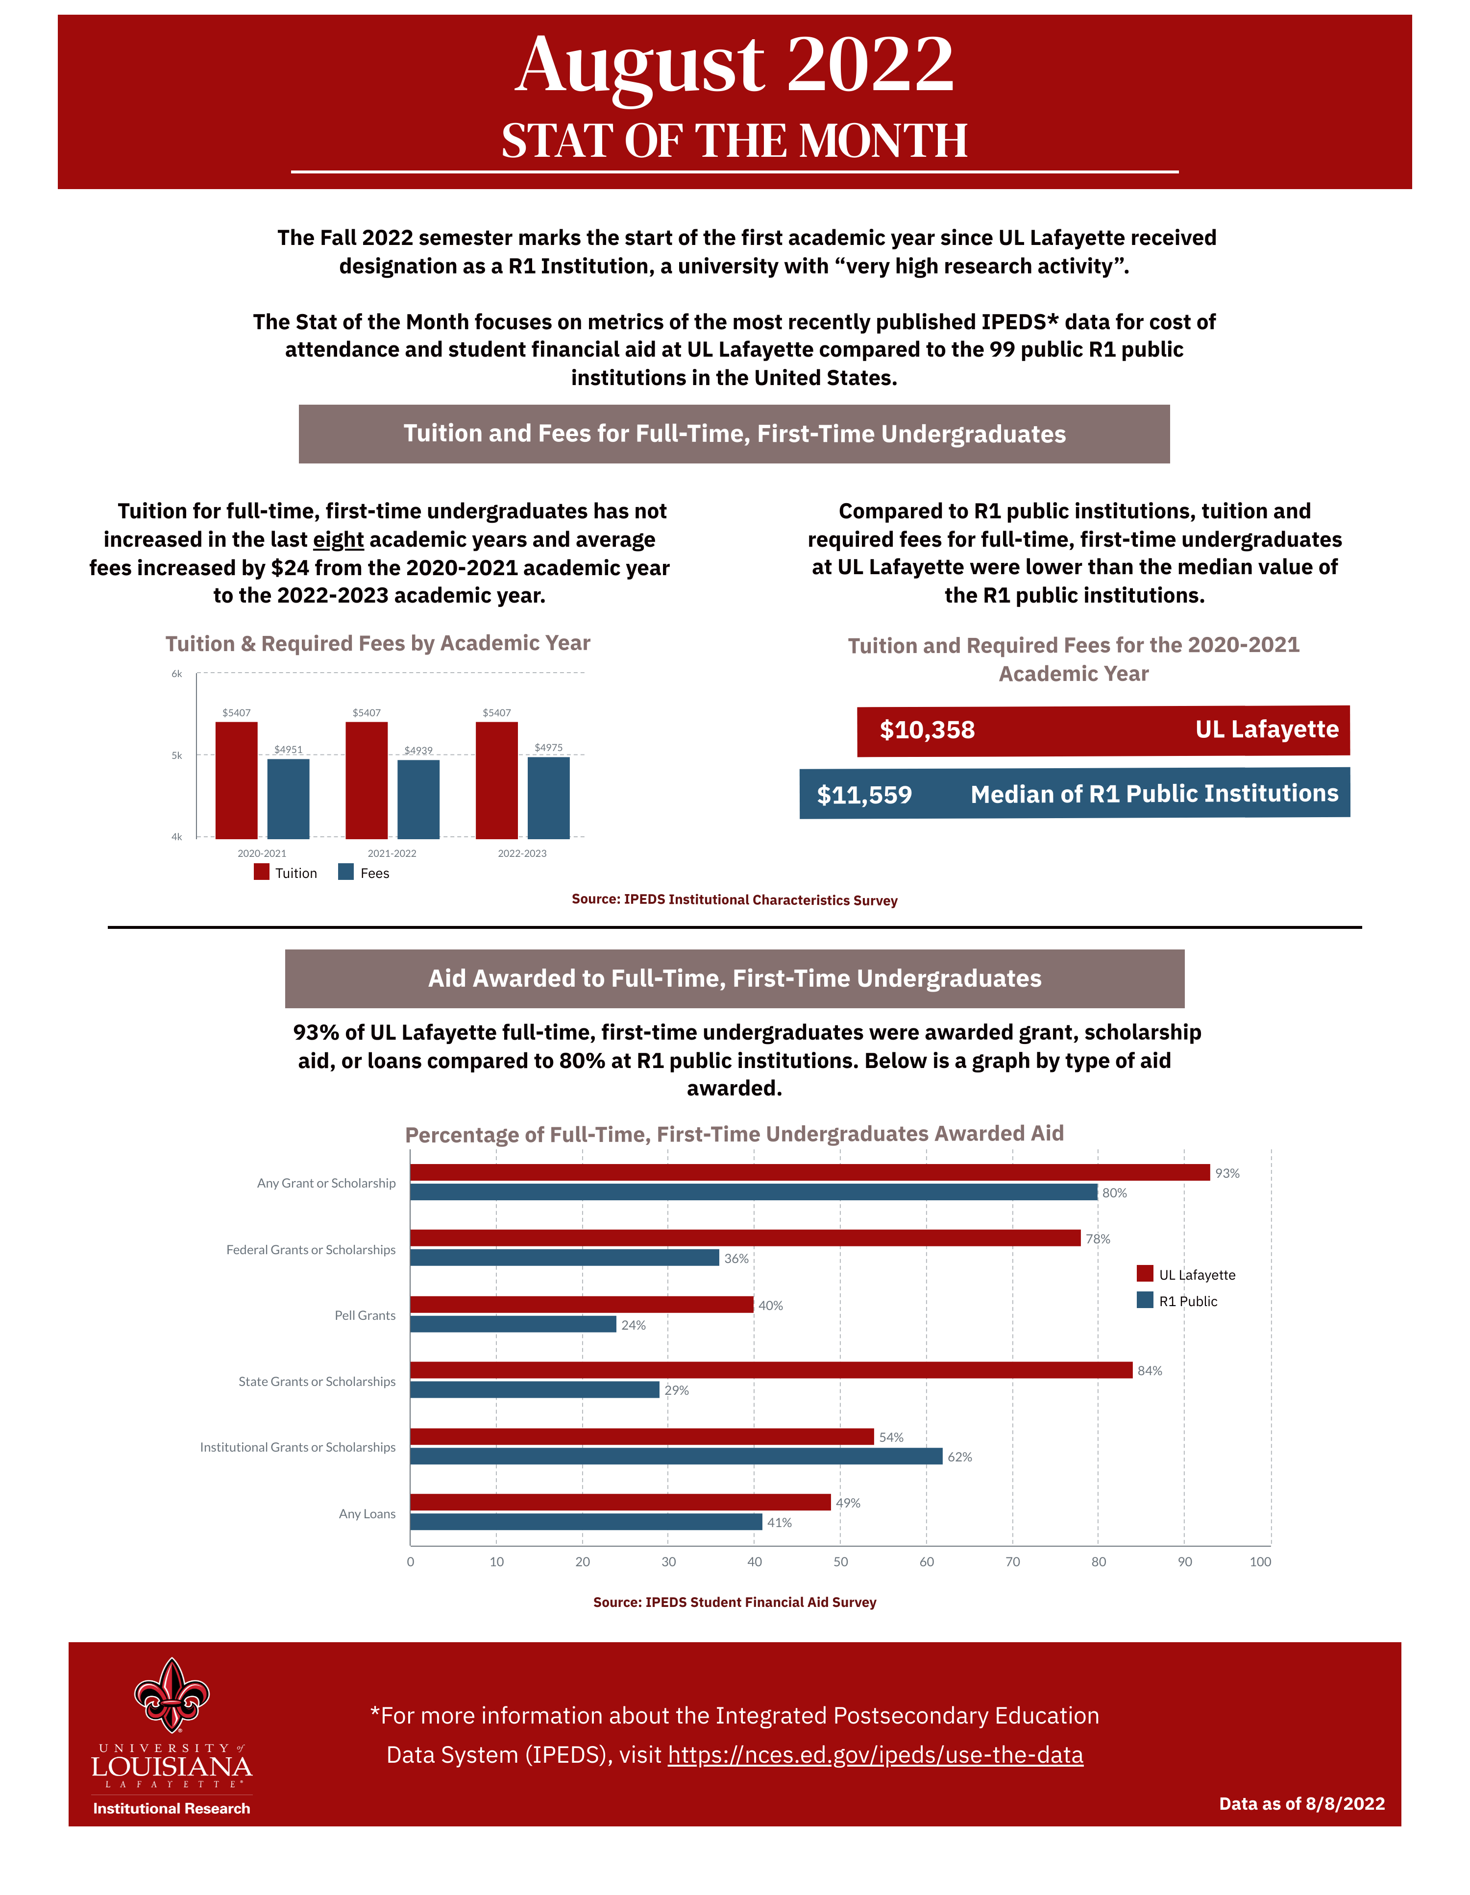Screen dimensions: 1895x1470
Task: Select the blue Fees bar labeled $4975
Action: (548, 798)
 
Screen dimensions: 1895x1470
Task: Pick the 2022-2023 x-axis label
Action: (521, 853)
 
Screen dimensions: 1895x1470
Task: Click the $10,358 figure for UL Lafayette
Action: (927, 729)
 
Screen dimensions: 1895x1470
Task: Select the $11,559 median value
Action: (864, 795)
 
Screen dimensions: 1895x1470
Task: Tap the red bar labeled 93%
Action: (809, 1172)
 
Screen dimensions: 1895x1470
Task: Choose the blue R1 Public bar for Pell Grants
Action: (513, 1324)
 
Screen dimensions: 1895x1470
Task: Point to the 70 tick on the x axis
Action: (1012, 1562)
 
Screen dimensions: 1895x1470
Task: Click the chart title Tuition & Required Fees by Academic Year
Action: (377, 643)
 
